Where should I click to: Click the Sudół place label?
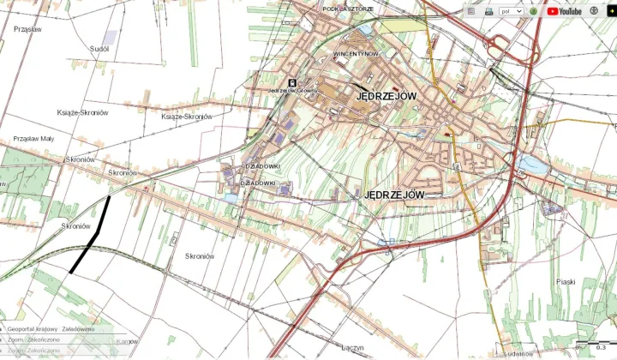[x=99, y=49]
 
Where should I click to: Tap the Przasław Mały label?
[x=33, y=138]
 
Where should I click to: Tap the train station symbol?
[x=292, y=82]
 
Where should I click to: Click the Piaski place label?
[x=565, y=281]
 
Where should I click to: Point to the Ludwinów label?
[x=520, y=352]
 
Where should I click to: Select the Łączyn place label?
[x=352, y=347]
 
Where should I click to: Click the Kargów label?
[x=127, y=341]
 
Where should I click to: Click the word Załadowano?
[x=77, y=329]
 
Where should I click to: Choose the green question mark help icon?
[x=533, y=11]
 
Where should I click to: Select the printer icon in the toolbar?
[x=488, y=11]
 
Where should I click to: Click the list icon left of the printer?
[x=470, y=11]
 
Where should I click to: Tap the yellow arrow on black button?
[x=611, y=11]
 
